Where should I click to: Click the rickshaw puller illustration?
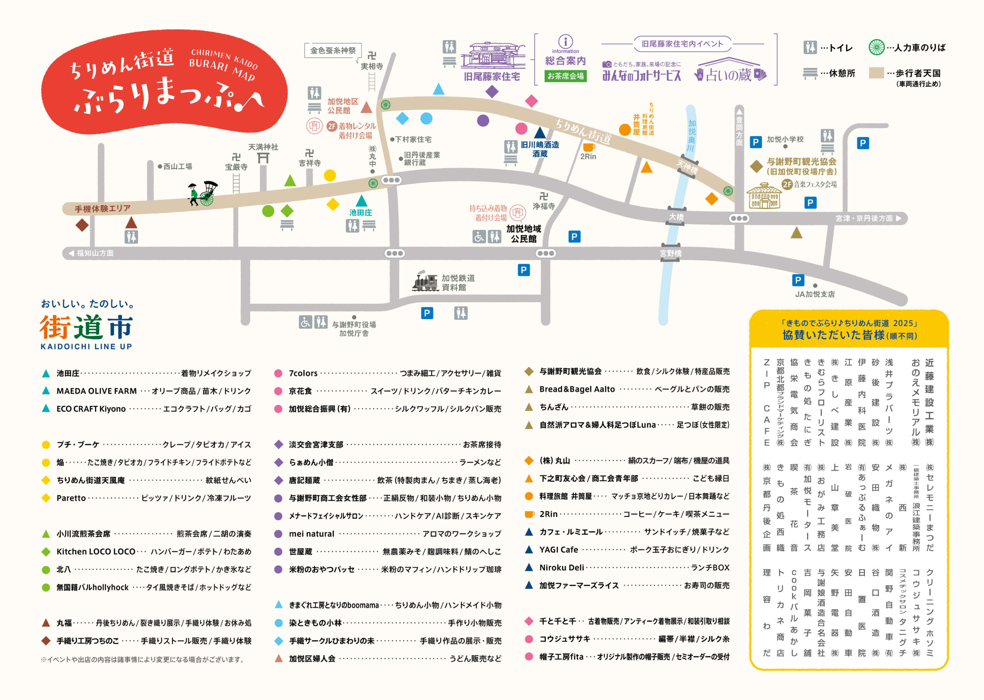click(x=203, y=193)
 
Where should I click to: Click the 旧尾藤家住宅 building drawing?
click(x=492, y=56)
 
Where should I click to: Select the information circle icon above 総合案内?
click(x=565, y=42)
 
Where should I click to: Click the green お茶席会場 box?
click(x=565, y=76)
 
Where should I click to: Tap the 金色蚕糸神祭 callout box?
click(x=332, y=50)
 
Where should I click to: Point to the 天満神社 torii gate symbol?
click(x=263, y=158)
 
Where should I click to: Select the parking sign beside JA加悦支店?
click(x=798, y=280)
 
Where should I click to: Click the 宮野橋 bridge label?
click(x=670, y=253)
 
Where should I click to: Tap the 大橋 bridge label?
click(x=676, y=217)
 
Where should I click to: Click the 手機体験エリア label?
click(x=103, y=208)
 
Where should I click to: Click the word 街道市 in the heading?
click(x=86, y=328)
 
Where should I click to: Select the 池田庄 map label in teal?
click(x=361, y=212)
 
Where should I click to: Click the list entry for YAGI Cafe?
click(x=558, y=550)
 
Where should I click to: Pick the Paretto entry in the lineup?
click(x=71, y=498)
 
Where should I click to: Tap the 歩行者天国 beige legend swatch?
click(x=876, y=73)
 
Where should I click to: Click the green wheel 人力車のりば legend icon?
click(x=876, y=47)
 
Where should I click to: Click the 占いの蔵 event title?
click(x=728, y=75)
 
